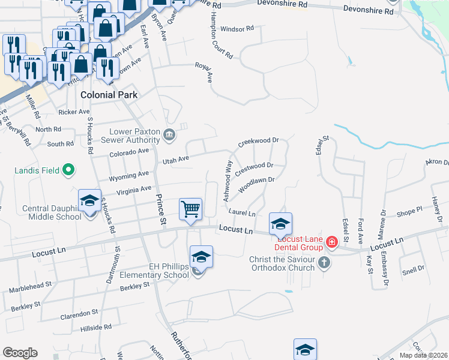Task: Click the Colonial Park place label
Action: click(x=109, y=95)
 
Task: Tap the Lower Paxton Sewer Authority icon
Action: click(x=169, y=135)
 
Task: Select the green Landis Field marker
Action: click(x=68, y=170)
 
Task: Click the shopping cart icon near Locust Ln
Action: click(x=191, y=210)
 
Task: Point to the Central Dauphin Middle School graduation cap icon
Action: click(x=89, y=200)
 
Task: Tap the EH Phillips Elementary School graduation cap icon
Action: click(x=202, y=257)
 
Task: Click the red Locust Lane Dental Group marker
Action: click(x=331, y=241)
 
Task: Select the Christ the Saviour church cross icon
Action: click(x=324, y=262)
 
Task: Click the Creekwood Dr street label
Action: click(x=259, y=142)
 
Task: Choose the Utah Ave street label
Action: click(x=176, y=160)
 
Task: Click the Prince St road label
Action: click(x=160, y=209)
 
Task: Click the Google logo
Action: click(x=20, y=352)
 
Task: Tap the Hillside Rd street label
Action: click(x=97, y=328)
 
